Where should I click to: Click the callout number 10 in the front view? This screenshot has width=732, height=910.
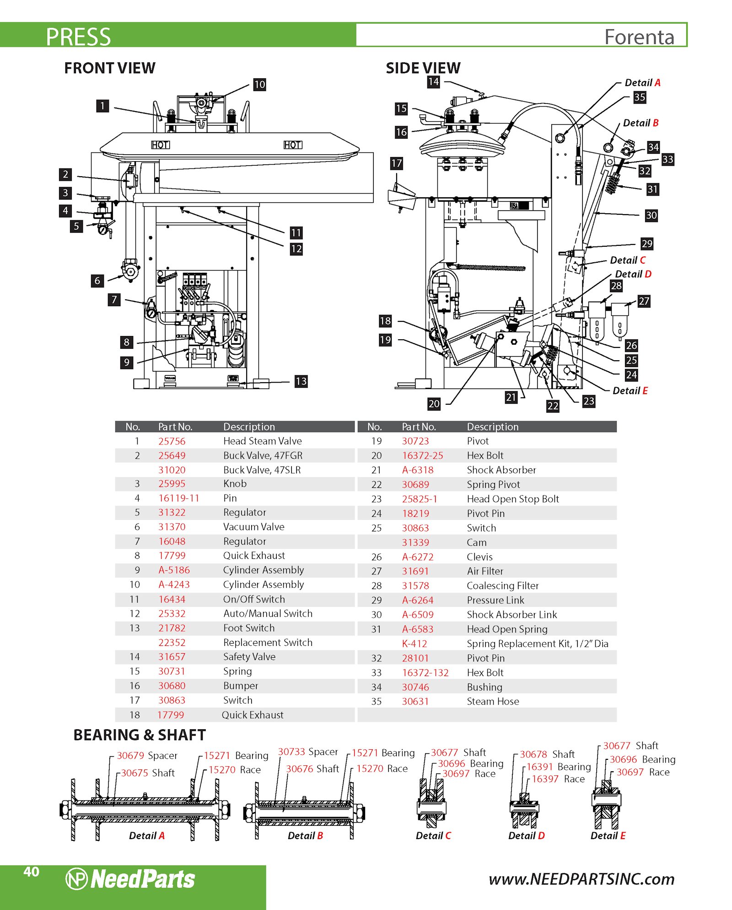point(259,85)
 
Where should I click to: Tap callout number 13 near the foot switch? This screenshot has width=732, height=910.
point(301,381)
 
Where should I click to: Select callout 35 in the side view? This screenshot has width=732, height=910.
point(639,97)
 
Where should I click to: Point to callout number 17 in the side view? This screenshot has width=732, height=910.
point(396,163)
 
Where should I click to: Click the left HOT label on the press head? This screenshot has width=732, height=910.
point(161,145)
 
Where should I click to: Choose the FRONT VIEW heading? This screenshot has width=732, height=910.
point(110,68)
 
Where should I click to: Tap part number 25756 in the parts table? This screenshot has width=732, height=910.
point(172,441)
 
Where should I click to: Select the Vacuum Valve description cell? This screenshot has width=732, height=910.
point(254,527)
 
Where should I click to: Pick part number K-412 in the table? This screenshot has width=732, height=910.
point(414,644)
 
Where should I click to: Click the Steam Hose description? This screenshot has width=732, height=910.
point(493,701)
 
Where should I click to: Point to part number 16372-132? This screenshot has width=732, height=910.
point(425,672)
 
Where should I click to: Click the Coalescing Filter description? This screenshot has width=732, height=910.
point(503,585)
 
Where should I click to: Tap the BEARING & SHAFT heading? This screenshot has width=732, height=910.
point(140,735)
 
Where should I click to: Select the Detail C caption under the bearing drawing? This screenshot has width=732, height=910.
point(433,836)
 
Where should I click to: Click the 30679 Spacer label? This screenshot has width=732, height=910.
point(147,756)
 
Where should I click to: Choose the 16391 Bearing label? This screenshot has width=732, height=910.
point(559,767)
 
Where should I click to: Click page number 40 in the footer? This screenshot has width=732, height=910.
point(31,872)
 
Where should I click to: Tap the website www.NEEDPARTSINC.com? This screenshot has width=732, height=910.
point(581,879)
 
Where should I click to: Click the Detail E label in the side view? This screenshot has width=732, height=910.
point(630,391)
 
